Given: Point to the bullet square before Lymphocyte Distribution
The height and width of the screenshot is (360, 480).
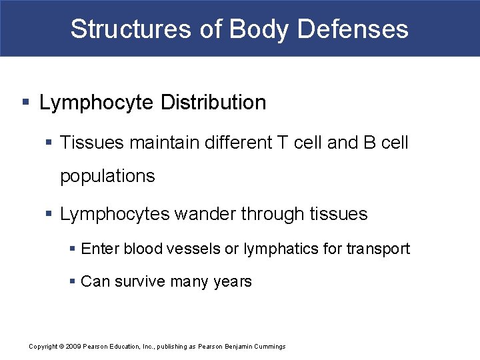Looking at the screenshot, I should point(25,103).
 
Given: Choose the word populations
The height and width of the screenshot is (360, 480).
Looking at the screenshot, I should point(107,176).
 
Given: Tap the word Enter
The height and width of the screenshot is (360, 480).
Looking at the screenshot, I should point(97,249).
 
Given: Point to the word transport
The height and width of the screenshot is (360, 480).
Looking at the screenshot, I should point(378,249).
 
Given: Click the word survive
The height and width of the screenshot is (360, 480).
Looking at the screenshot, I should point(139,281).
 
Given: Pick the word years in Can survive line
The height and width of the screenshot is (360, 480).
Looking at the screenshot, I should point(233,282).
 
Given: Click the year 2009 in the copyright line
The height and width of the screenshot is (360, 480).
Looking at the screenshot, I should point(73,347).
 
